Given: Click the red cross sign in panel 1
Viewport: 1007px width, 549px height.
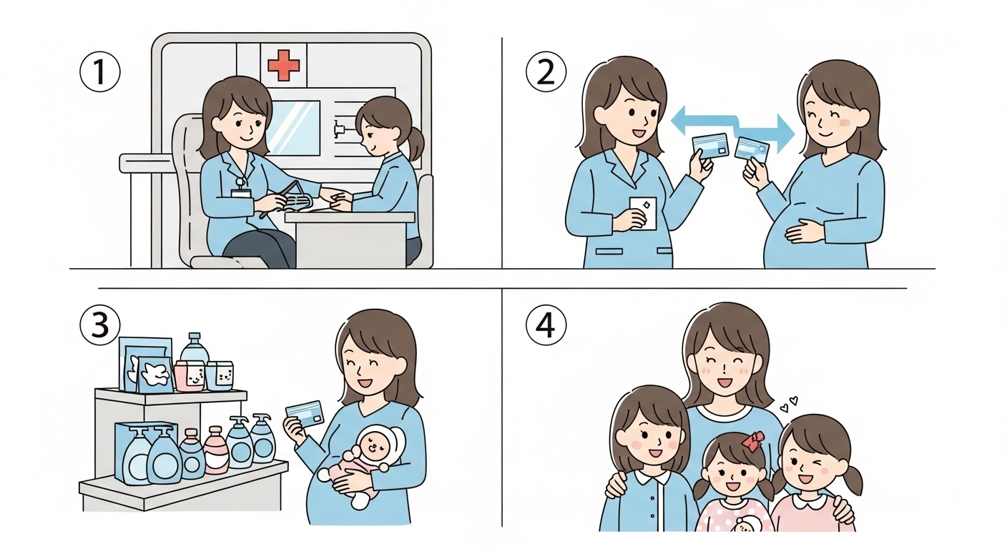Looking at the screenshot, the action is coord(283,65).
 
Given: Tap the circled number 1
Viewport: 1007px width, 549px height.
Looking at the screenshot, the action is coord(100,72).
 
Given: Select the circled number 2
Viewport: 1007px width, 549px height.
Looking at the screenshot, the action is coord(546,72).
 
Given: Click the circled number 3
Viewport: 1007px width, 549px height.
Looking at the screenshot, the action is coord(100,325).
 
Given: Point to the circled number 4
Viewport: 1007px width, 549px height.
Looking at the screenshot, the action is coord(546,325).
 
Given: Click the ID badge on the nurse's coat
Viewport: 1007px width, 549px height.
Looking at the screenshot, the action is coord(240,193).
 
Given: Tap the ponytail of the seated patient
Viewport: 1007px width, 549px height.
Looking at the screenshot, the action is coord(416,143).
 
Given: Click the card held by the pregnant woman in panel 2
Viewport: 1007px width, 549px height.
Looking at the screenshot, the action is coord(752,149).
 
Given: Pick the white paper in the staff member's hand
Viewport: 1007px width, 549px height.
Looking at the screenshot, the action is coord(643,214).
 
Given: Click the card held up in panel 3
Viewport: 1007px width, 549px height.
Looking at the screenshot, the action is coord(305,414).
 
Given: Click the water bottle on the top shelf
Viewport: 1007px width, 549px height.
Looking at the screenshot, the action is coord(195,347).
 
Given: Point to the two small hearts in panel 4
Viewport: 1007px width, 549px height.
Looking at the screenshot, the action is coord(789,403).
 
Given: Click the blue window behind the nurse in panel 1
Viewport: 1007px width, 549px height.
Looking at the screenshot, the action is coord(293,128).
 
